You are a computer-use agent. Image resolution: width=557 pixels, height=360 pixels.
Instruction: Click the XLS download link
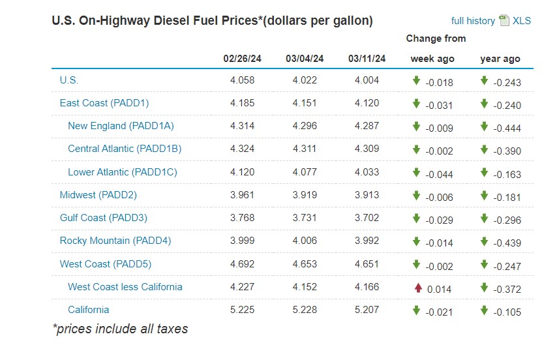coord(521,20)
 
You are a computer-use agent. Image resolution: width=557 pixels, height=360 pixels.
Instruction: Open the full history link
coord(473,21)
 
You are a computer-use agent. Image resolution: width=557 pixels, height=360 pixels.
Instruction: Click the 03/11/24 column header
coord(367,59)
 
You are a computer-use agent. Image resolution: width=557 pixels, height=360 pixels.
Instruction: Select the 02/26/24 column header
coord(242,59)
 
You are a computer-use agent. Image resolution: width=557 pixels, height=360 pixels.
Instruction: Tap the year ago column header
coord(500,59)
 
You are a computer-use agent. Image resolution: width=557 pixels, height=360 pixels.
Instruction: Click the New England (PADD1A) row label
coord(121,126)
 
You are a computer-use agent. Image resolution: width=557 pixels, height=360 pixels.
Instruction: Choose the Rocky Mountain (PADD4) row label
coord(115,241)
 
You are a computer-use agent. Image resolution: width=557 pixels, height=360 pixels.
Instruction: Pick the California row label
coord(88,310)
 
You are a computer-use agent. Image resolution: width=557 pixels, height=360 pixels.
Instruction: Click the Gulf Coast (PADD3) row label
coord(103,218)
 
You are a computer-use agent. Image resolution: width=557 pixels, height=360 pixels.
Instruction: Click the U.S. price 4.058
coord(242,80)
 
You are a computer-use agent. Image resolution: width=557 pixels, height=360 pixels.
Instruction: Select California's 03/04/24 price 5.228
coord(305,310)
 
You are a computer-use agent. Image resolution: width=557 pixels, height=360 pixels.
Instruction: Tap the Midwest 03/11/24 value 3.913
coord(367,195)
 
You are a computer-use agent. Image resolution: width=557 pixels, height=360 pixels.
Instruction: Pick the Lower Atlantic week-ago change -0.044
coord(439,173)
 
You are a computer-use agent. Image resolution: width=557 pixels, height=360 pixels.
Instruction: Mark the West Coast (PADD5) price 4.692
coord(242,264)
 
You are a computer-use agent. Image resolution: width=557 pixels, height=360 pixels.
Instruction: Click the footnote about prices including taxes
coord(120,329)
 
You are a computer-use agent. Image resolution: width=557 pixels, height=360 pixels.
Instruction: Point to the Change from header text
coord(436,38)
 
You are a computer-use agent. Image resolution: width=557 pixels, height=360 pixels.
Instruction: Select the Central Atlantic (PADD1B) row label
coord(125,149)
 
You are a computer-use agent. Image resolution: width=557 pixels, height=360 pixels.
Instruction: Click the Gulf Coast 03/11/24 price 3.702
coord(367,218)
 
